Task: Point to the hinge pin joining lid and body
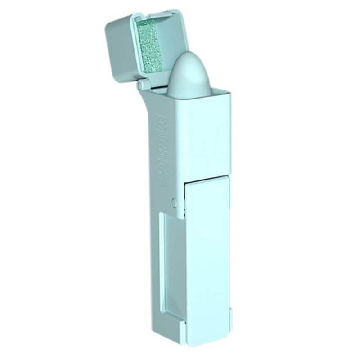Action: click(140, 84)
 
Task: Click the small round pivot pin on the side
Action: click(174, 202)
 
